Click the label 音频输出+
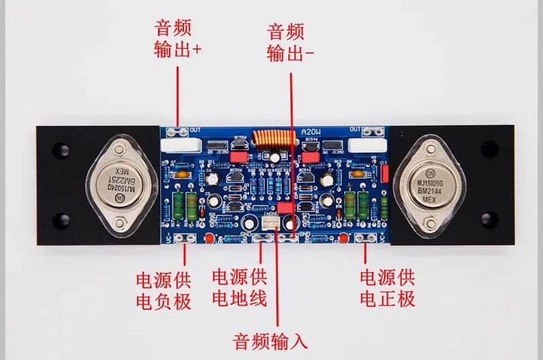point(178,39)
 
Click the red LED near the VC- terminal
point(210,237)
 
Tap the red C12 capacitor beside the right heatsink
point(384,174)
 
